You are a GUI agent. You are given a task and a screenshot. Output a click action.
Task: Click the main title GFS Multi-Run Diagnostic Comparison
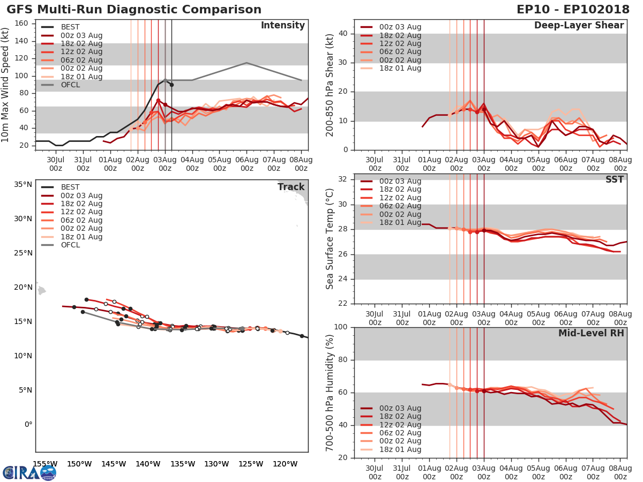click(134, 10)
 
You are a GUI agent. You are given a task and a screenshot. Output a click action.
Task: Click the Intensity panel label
click(282, 26)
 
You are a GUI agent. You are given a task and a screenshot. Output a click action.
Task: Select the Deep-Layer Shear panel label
click(579, 26)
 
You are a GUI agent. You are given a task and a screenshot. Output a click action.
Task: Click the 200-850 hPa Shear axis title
click(330, 86)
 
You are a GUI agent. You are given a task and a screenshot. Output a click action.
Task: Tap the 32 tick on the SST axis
click(343, 179)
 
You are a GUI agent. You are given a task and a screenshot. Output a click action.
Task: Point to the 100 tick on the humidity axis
click(341, 327)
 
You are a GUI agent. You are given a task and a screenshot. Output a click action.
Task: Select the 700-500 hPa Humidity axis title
click(330, 392)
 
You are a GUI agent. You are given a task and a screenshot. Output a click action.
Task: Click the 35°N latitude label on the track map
click(24, 185)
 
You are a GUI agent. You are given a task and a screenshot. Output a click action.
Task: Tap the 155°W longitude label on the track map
click(45, 464)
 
